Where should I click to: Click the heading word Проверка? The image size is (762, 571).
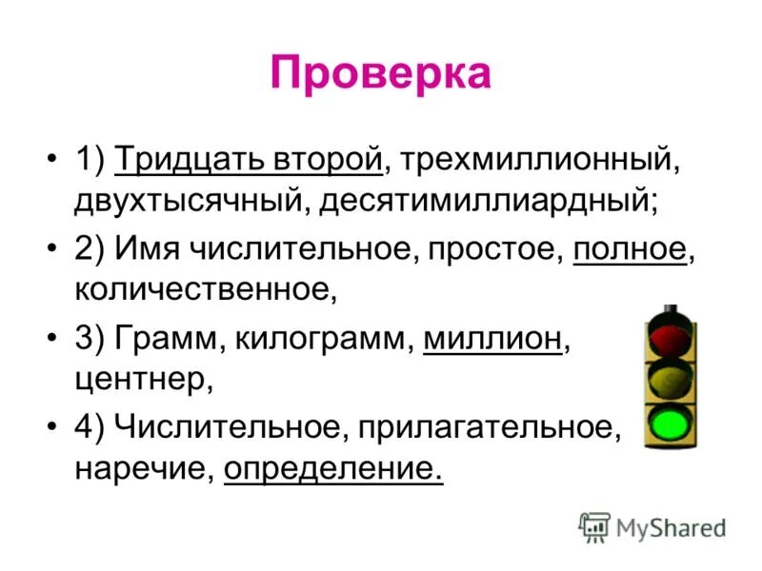point(380,73)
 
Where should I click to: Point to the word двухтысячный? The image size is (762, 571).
point(190,202)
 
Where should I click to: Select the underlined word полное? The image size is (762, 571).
point(630,251)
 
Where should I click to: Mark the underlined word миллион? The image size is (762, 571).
point(491,340)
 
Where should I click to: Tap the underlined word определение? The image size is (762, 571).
point(333,468)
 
